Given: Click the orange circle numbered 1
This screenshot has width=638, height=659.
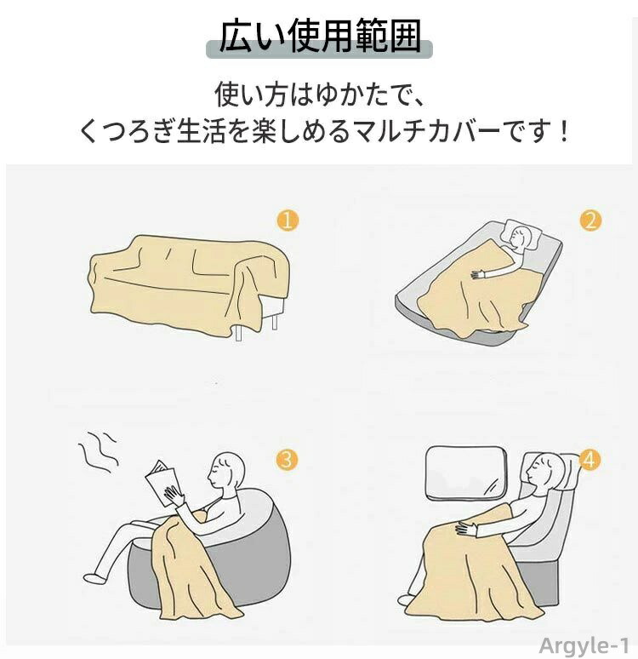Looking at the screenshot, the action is point(288,221).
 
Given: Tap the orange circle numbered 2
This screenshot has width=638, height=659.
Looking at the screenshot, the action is point(590,221).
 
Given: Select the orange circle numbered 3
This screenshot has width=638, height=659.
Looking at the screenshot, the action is point(287,461).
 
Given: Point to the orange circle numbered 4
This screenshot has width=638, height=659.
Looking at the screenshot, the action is point(590,461).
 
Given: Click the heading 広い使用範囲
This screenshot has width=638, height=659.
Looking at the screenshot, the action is point(320,36).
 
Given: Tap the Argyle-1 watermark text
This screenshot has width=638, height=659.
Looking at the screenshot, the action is point(584,645).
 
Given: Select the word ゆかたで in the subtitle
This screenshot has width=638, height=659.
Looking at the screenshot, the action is point(357,95).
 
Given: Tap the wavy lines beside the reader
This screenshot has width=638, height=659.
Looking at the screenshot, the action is point(98,451).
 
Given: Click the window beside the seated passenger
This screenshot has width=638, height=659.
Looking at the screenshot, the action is point(465,473).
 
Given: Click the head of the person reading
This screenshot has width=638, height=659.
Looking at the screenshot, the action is point(227,471).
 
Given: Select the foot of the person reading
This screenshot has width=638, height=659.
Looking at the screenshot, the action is point(93,577).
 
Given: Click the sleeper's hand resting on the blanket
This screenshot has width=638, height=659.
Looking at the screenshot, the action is point(479,275).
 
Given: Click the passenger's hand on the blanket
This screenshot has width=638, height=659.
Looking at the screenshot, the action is point(467,527).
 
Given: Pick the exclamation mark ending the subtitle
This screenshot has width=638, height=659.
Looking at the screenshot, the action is point(564,131).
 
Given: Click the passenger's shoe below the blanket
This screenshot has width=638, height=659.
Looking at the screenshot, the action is point(406,599).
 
